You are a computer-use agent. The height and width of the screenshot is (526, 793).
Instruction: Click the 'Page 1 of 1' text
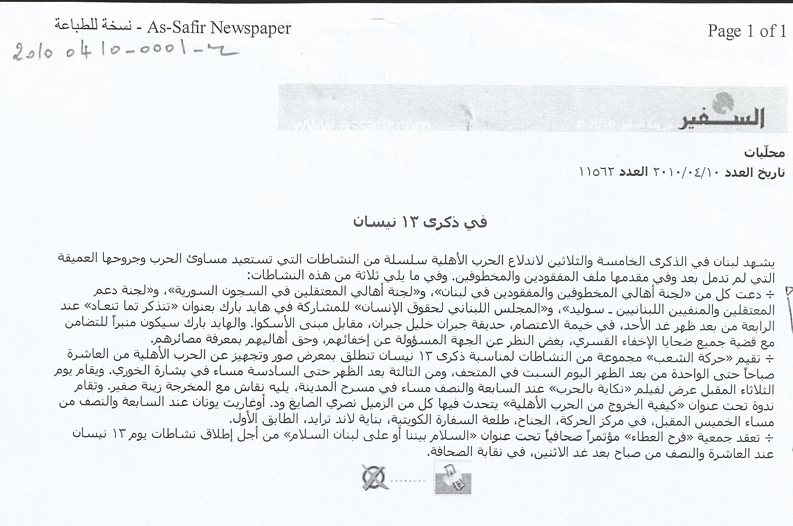point(747,31)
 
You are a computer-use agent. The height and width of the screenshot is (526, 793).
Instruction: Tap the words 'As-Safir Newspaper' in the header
point(219,28)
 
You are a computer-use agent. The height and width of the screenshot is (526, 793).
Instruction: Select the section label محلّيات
point(764,153)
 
